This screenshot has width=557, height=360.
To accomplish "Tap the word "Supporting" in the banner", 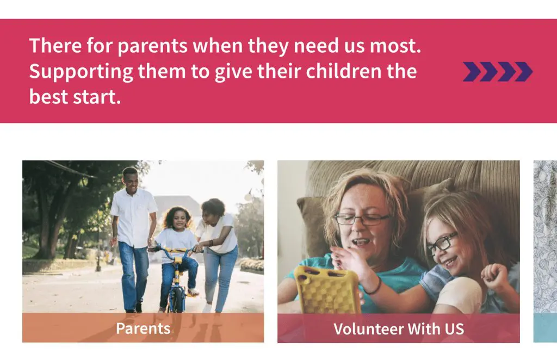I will click(73, 72).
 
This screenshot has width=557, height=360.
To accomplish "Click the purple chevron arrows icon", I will click(497, 72).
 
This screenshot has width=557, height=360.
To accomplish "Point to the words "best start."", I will click(75, 97).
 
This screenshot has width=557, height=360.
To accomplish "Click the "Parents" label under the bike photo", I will click(143, 328).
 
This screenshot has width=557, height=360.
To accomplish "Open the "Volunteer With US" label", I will click(398, 329).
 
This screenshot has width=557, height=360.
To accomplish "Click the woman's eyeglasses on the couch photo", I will click(361, 219).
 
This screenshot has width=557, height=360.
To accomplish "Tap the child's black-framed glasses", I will click(442, 243).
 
